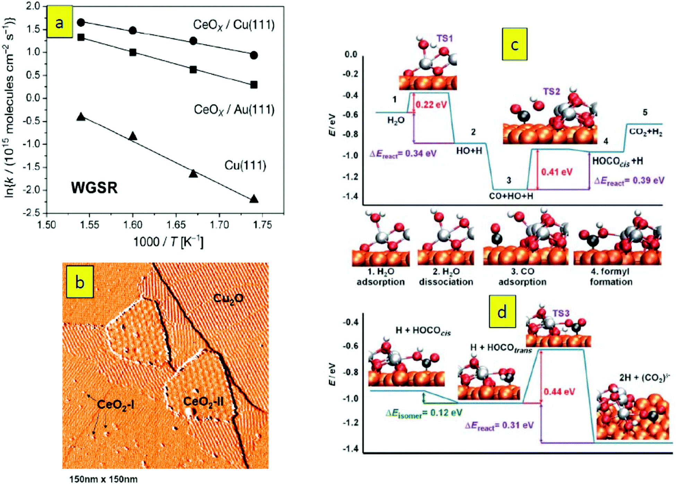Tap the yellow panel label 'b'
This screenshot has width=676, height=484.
point(80,282)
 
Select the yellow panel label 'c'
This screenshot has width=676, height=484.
point(514,44)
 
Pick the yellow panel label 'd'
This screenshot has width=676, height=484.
point(502,312)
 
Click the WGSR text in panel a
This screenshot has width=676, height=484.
point(94,188)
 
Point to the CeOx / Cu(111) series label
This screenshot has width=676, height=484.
point(234,25)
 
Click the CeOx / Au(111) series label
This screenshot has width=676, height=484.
point(234,110)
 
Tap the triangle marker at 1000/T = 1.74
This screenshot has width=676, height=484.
point(254,199)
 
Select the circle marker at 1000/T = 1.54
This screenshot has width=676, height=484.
point(81,23)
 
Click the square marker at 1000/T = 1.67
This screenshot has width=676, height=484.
point(193,70)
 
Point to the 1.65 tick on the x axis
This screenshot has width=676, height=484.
point(176,225)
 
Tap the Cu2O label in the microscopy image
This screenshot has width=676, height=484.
point(228,298)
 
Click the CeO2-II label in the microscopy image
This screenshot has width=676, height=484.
point(203,402)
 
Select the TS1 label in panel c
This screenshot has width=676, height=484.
point(445,38)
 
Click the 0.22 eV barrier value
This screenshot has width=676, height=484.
point(431,104)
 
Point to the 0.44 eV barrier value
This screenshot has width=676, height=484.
point(559,392)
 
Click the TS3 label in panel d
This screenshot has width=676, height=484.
point(561,313)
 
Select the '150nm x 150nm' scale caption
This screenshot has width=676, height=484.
point(103,479)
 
